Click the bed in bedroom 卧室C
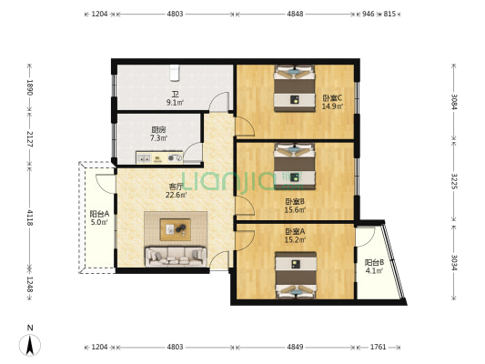click(294, 88)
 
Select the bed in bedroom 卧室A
click(294, 275)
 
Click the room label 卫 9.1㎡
click(175, 98)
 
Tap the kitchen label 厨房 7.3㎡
click(158, 134)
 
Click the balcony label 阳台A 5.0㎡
click(98, 217)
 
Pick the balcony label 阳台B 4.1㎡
click(374, 266)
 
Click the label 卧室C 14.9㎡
click(331, 102)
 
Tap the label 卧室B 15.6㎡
click(294, 206)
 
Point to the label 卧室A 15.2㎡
click(294, 235)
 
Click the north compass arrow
click(30, 344)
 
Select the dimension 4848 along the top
click(295, 15)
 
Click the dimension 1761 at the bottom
click(379, 347)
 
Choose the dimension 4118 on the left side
click(30, 217)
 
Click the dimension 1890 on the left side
click(30, 87)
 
